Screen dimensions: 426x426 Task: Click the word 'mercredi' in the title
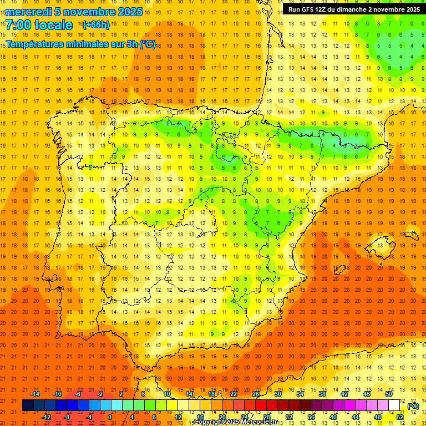pyautogui.click(x=29, y=11)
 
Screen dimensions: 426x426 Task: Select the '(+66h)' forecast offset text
pyautogui.click(x=95, y=25)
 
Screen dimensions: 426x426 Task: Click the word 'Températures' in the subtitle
pyautogui.click(x=34, y=44)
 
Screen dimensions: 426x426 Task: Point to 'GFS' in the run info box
pyautogui.click(x=309, y=9)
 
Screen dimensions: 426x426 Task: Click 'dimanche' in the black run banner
pyautogui.click(x=349, y=9)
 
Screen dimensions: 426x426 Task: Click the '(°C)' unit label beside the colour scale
pyautogui.click(x=413, y=406)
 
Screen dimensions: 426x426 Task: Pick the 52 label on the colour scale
pyautogui.click(x=400, y=417)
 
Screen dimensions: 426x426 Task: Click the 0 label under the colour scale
pyautogui.click(x=110, y=417)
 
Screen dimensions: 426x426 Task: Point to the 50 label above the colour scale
pyautogui.click(x=389, y=394)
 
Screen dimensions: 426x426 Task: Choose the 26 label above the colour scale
pyautogui.click(x=256, y=394)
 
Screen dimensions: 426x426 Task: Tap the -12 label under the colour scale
pyautogui.click(x=46, y=417)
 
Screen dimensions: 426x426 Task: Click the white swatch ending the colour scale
pyautogui.click(x=394, y=405)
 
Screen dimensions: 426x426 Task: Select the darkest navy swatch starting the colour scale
pyautogui.click(x=28, y=405)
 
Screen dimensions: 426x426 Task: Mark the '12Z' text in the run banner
pyautogui.click(x=323, y=9)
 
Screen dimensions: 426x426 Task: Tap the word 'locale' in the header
pyautogui.click(x=55, y=25)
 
